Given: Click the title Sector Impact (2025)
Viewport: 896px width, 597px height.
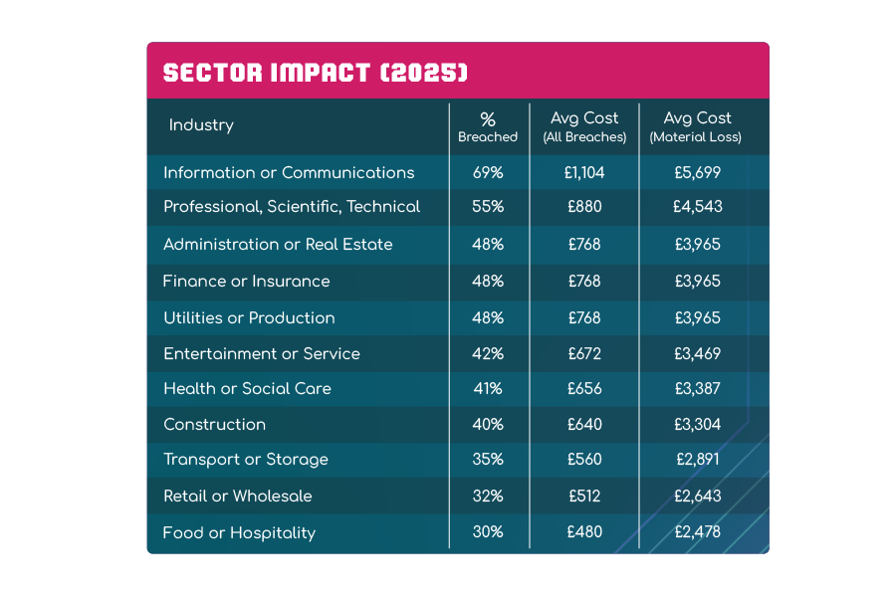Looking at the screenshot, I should tap(316, 73).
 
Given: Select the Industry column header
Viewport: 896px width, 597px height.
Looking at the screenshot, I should tap(201, 125).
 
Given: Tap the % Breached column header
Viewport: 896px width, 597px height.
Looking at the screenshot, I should tap(488, 127).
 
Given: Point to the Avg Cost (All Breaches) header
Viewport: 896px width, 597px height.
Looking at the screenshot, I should tap(584, 127).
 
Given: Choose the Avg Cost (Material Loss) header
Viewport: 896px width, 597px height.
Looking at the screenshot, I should tap(696, 127).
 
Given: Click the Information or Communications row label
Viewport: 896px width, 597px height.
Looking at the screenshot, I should tap(289, 172).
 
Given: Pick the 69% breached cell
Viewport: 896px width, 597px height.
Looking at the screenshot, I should tap(488, 172).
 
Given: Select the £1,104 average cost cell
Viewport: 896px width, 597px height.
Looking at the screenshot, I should tap(584, 172).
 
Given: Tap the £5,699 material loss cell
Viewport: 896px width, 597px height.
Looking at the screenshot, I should tap(697, 172).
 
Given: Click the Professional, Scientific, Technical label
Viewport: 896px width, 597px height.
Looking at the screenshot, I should tap(292, 207).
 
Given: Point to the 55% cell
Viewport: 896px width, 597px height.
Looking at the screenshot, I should tap(488, 207).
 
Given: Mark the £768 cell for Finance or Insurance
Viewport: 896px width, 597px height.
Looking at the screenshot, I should tap(584, 282).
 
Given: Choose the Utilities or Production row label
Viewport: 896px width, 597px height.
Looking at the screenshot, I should tap(249, 318).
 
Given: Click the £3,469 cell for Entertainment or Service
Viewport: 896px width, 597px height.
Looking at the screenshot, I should tap(697, 354).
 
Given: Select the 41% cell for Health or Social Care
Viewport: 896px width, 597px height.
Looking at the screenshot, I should tap(488, 389).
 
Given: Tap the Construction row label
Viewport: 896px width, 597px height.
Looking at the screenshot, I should tap(215, 425).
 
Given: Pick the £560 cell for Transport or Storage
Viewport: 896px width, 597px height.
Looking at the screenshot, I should tap(584, 460).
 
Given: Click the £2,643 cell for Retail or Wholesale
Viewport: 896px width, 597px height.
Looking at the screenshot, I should tap(697, 496).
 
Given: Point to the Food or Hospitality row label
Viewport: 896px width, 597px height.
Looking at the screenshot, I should tap(239, 532).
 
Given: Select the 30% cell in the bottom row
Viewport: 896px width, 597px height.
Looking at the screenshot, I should tap(488, 532).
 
